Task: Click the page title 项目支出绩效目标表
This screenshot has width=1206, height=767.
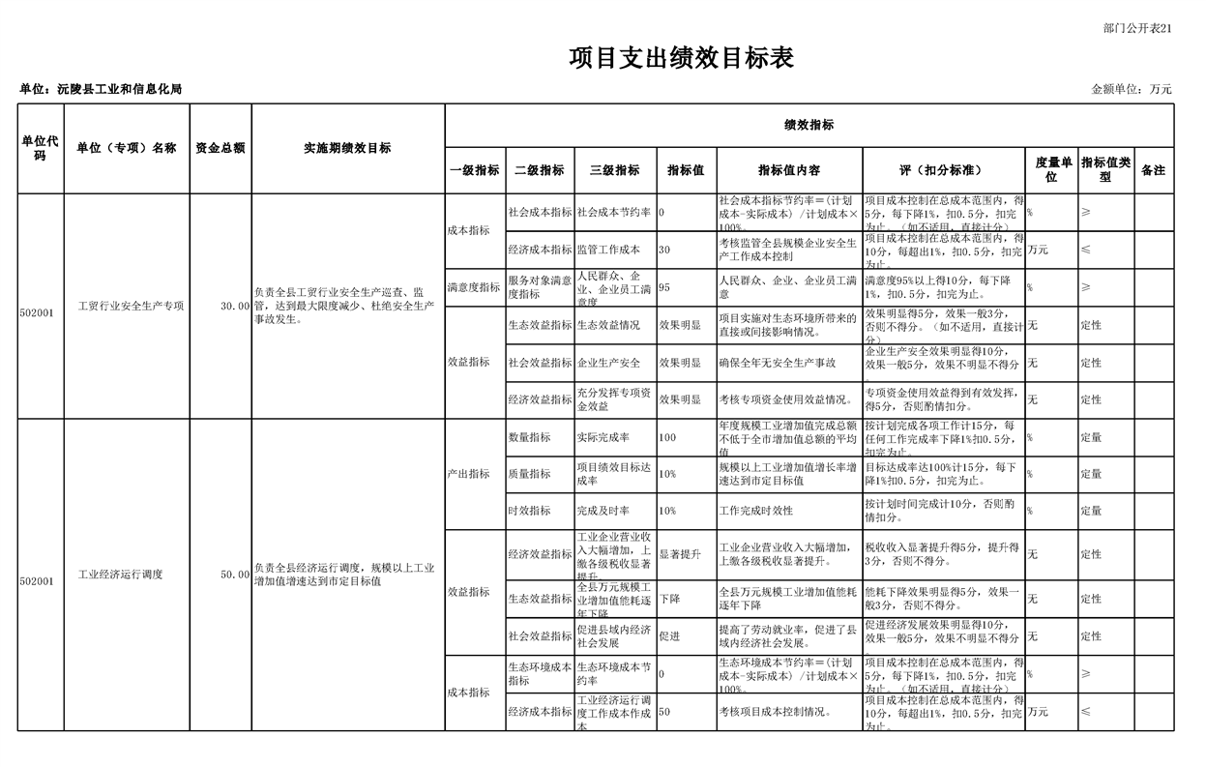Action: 681,58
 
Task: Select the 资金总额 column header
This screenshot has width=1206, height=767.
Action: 221,148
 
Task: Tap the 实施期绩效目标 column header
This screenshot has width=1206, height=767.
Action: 347,148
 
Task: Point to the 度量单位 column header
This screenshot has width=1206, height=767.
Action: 1052,170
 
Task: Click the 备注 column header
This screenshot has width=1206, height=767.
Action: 1153,170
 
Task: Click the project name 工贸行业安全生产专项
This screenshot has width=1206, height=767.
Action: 131,306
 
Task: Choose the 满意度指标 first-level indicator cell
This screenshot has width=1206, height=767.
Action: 474,287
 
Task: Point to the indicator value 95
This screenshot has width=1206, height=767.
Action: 664,287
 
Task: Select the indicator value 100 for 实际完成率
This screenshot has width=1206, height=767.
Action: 667,437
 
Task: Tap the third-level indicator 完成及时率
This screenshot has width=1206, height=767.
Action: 603,511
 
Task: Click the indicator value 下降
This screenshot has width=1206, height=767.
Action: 669,599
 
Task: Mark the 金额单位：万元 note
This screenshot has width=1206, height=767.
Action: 1131,89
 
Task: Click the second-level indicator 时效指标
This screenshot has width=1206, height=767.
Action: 529,511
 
